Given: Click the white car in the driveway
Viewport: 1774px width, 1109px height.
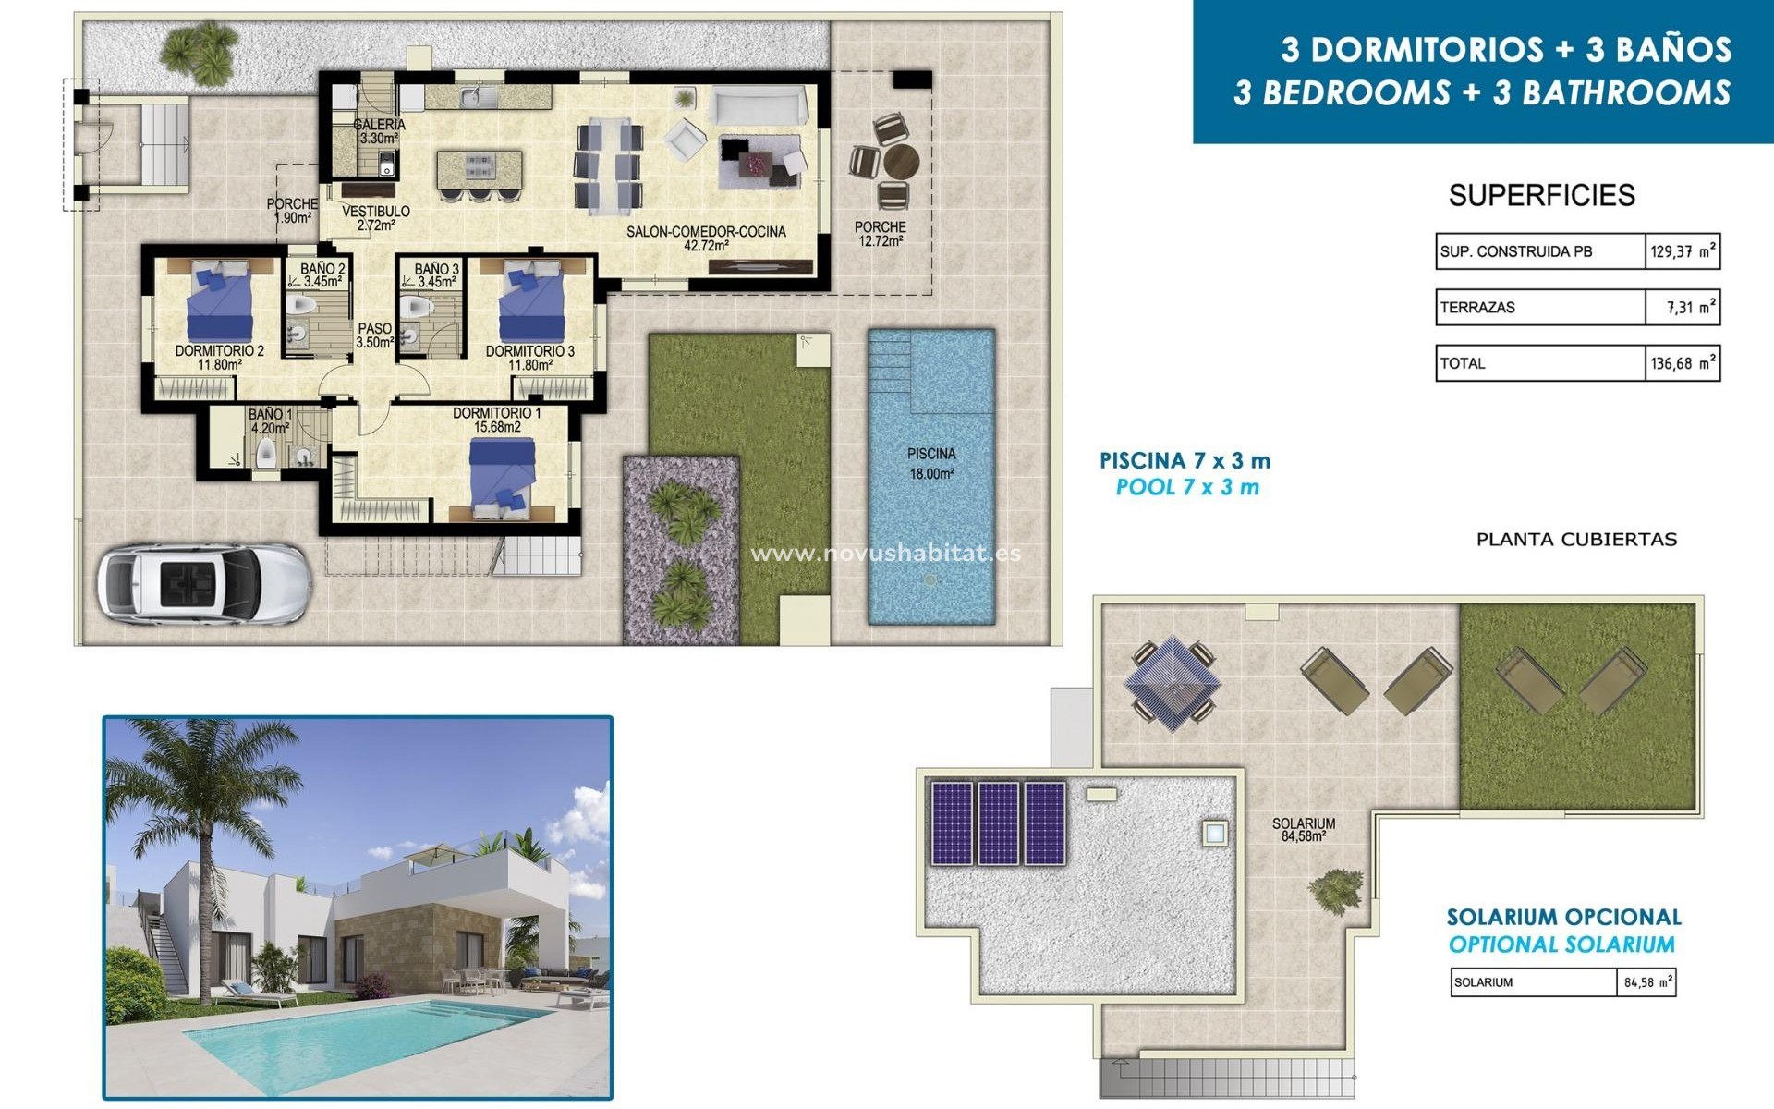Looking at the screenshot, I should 203,583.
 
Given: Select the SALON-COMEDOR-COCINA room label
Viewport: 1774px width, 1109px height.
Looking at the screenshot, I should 706,238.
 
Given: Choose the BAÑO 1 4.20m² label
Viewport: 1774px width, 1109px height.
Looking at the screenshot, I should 270,421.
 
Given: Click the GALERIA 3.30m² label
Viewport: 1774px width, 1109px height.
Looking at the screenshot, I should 379,131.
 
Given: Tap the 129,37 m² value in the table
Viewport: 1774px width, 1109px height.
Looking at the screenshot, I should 1683,251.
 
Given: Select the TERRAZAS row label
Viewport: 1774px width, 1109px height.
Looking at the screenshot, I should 1477,308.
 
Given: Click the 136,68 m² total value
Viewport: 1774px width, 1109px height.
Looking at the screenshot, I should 1683,364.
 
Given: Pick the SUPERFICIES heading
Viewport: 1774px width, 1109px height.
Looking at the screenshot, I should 1541,195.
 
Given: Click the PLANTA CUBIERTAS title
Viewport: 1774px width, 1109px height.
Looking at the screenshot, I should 1576,540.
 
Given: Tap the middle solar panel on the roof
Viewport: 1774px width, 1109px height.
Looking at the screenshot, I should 998,823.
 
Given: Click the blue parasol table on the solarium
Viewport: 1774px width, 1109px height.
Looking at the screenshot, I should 1171,683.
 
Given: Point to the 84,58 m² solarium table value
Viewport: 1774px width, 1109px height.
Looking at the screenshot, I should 1647,982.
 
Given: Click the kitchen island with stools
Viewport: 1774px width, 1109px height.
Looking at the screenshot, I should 479,170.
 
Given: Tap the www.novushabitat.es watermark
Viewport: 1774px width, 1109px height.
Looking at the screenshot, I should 885,554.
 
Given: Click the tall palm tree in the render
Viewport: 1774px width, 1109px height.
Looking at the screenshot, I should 199,813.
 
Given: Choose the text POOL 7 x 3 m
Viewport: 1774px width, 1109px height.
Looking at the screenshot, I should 1187,487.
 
